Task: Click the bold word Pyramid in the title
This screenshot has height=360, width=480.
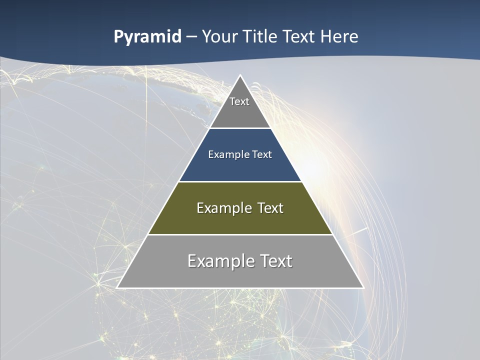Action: [147, 37]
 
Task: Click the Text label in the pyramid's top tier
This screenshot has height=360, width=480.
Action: [239, 101]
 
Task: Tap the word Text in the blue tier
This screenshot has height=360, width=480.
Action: [262, 154]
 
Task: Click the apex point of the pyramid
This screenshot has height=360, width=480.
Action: [240, 75]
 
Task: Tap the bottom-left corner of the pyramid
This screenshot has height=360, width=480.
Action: [117, 287]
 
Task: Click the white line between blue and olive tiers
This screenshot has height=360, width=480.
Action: [240, 181]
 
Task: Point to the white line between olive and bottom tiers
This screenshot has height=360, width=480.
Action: [240, 234]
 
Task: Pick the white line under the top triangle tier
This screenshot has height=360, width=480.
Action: [240, 128]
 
